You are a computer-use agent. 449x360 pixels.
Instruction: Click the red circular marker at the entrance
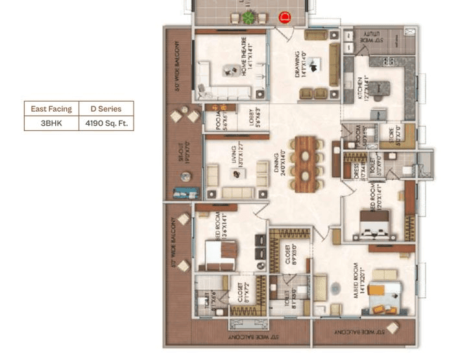(x=283, y=18)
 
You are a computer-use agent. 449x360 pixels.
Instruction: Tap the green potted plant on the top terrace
(x=249, y=18)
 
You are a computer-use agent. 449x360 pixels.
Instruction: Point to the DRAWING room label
(x=297, y=65)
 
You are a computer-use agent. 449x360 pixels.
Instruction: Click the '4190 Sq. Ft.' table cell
(x=106, y=123)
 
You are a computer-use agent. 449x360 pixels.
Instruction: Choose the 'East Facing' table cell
(x=51, y=108)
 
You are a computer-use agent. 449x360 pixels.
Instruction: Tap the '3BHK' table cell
(x=51, y=123)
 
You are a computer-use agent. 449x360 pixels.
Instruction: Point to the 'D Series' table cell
(x=106, y=108)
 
